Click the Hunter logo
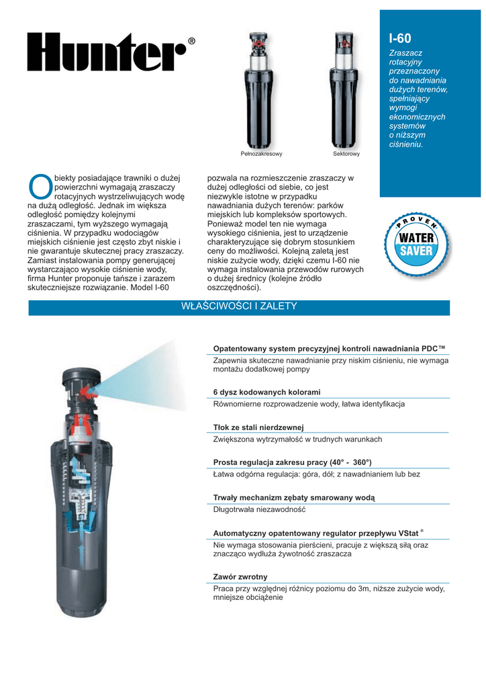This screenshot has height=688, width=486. [106, 52]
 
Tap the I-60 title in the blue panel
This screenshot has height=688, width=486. [401, 39]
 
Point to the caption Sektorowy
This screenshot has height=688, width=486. [346, 154]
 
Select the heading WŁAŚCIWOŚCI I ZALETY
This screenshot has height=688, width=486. [239, 306]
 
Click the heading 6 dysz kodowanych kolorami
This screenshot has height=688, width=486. [266, 392]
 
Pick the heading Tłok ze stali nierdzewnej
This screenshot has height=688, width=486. [258, 427]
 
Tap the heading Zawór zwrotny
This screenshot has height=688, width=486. [240, 576]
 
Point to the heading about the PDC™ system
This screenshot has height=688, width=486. [329, 349]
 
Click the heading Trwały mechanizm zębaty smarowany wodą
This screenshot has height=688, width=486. [293, 497]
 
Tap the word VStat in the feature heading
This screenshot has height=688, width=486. [407, 533]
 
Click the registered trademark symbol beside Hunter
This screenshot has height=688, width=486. [191, 42]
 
